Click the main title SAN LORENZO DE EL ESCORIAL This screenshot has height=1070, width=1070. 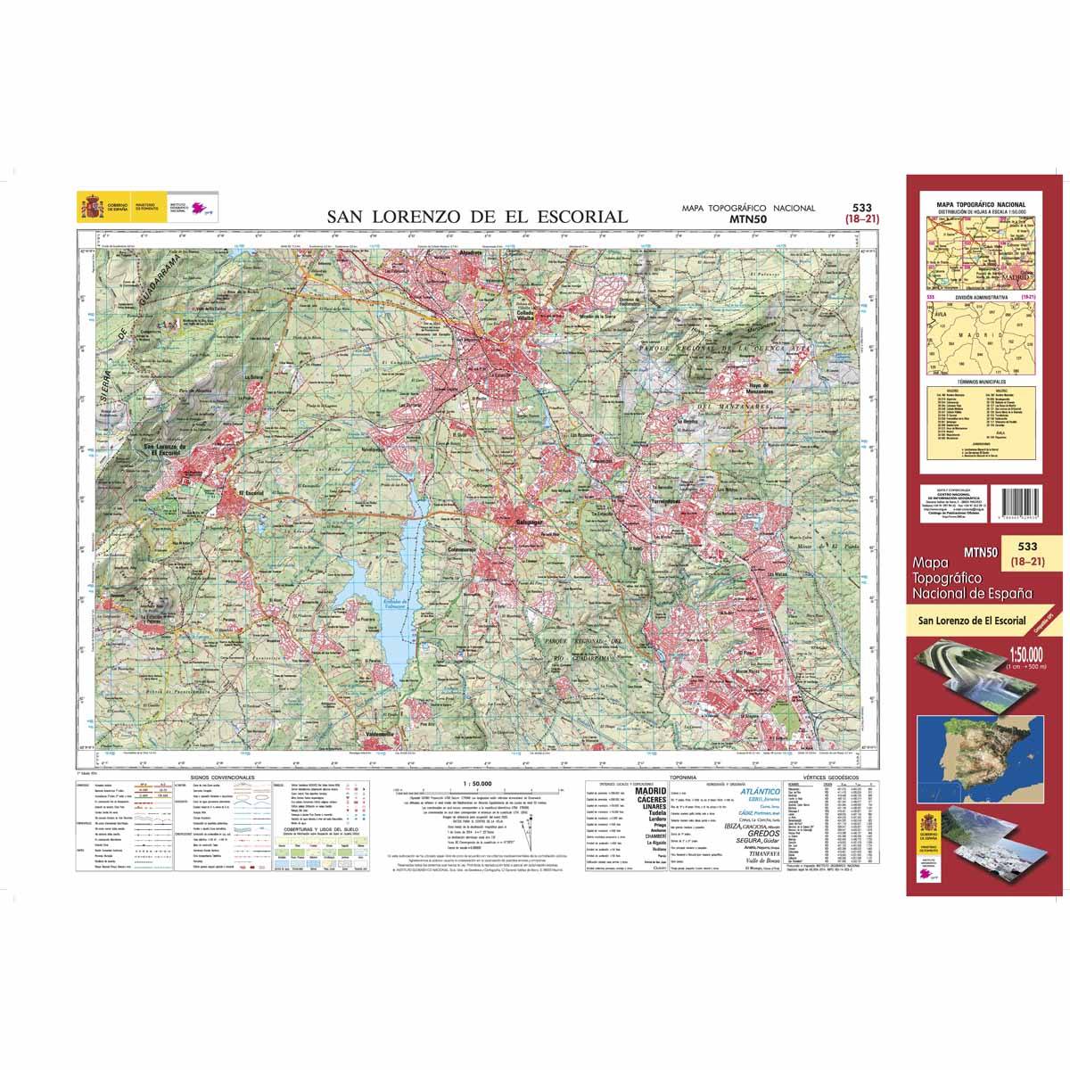pos(477,217)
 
